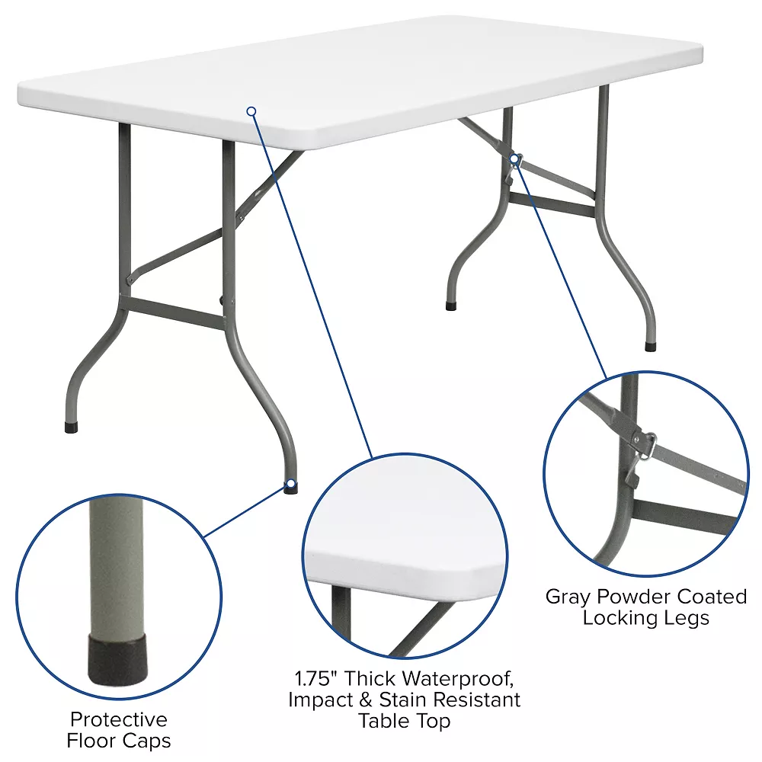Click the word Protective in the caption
point(118,719)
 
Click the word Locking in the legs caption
point(615,617)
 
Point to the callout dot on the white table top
point(251,111)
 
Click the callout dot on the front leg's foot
point(290,484)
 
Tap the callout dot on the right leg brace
point(516,158)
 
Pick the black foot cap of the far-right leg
point(650,346)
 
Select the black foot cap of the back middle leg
point(451,306)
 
